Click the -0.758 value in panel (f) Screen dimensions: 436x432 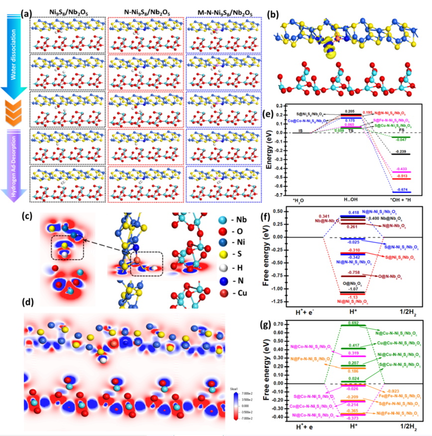[x=347, y=273]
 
